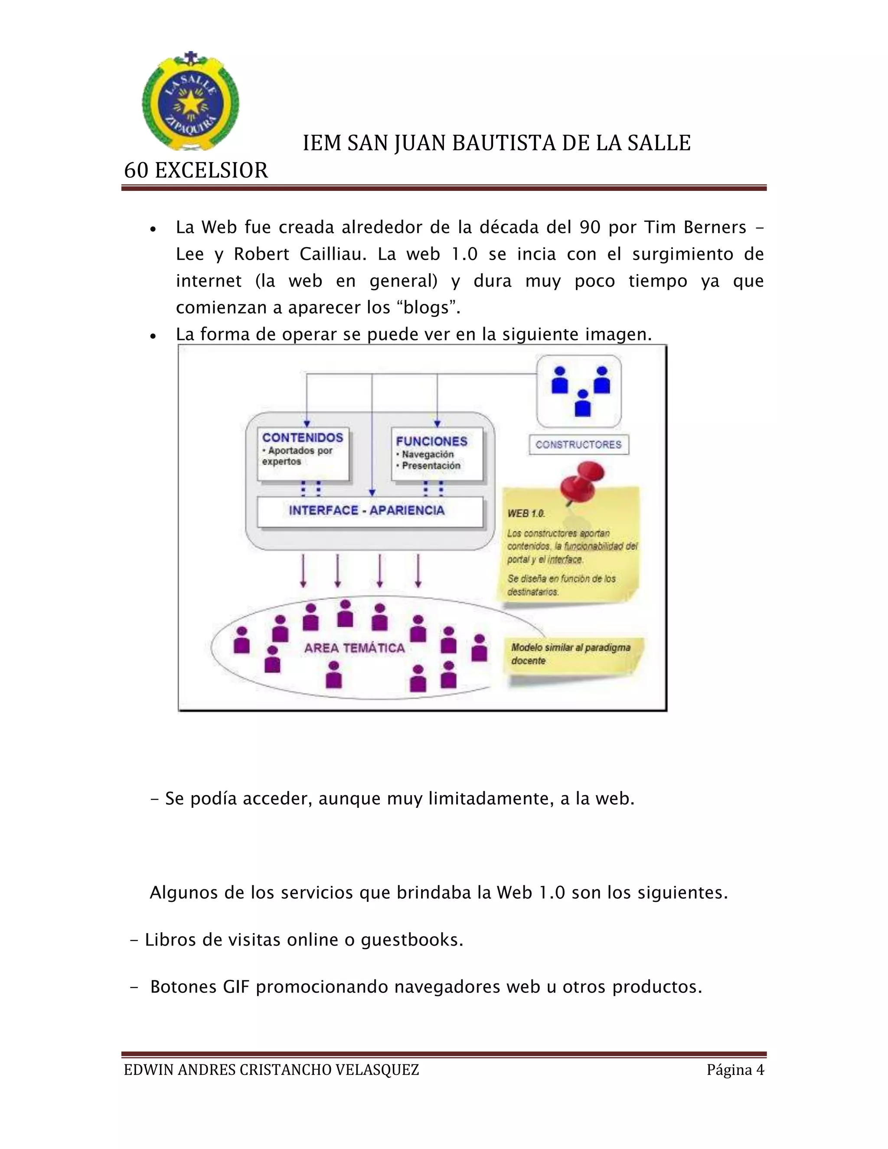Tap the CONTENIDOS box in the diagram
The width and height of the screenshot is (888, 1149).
pos(303,454)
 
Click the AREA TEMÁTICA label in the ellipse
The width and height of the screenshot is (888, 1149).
pos(354,648)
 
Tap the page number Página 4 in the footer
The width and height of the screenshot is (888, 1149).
pos(735,1070)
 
